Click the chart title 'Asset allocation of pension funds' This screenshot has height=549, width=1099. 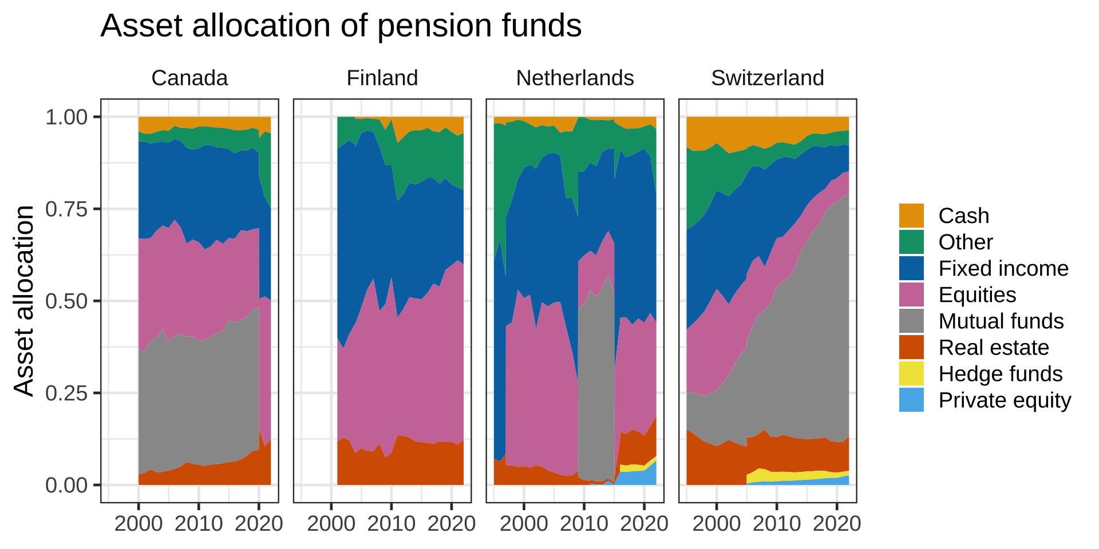(x=341, y=26)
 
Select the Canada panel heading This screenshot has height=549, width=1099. (x=189, y=78)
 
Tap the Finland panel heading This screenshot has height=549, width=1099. (x=382, y=78)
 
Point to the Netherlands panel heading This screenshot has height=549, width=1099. (x=575, y=78)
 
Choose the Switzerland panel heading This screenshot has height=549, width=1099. (x=767, y=78)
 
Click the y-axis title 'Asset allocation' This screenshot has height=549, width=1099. (x=25, y=300)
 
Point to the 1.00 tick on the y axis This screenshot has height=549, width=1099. (x=66, y=117)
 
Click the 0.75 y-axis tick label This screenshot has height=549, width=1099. (x=66, y=209)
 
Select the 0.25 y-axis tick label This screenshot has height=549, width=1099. (x=66, y=393)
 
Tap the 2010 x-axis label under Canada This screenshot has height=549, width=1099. (x=198, y=524)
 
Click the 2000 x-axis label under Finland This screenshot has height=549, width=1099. (x=331, y=524)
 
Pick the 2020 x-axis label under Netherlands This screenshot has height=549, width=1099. (x=644, y=524)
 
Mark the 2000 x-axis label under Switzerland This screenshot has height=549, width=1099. (x=716, y=524)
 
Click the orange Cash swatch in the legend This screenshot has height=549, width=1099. (x=911, y=216)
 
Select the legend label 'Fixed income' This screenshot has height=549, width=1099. (x=1003, y=268)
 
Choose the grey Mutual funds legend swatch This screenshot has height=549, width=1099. (x=911, y=321)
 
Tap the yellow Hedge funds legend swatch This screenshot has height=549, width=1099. (x=911, y=373)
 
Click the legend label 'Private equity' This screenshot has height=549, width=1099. (x=1005, y=400)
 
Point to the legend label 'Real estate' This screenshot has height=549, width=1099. (x=994, y=347)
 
